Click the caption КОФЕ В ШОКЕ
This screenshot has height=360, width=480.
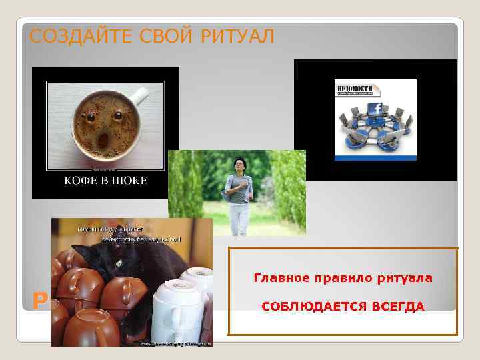tap(105, 180)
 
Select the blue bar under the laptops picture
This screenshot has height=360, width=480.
tap(375, 157)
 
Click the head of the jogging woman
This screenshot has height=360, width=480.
tap(239, 165)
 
